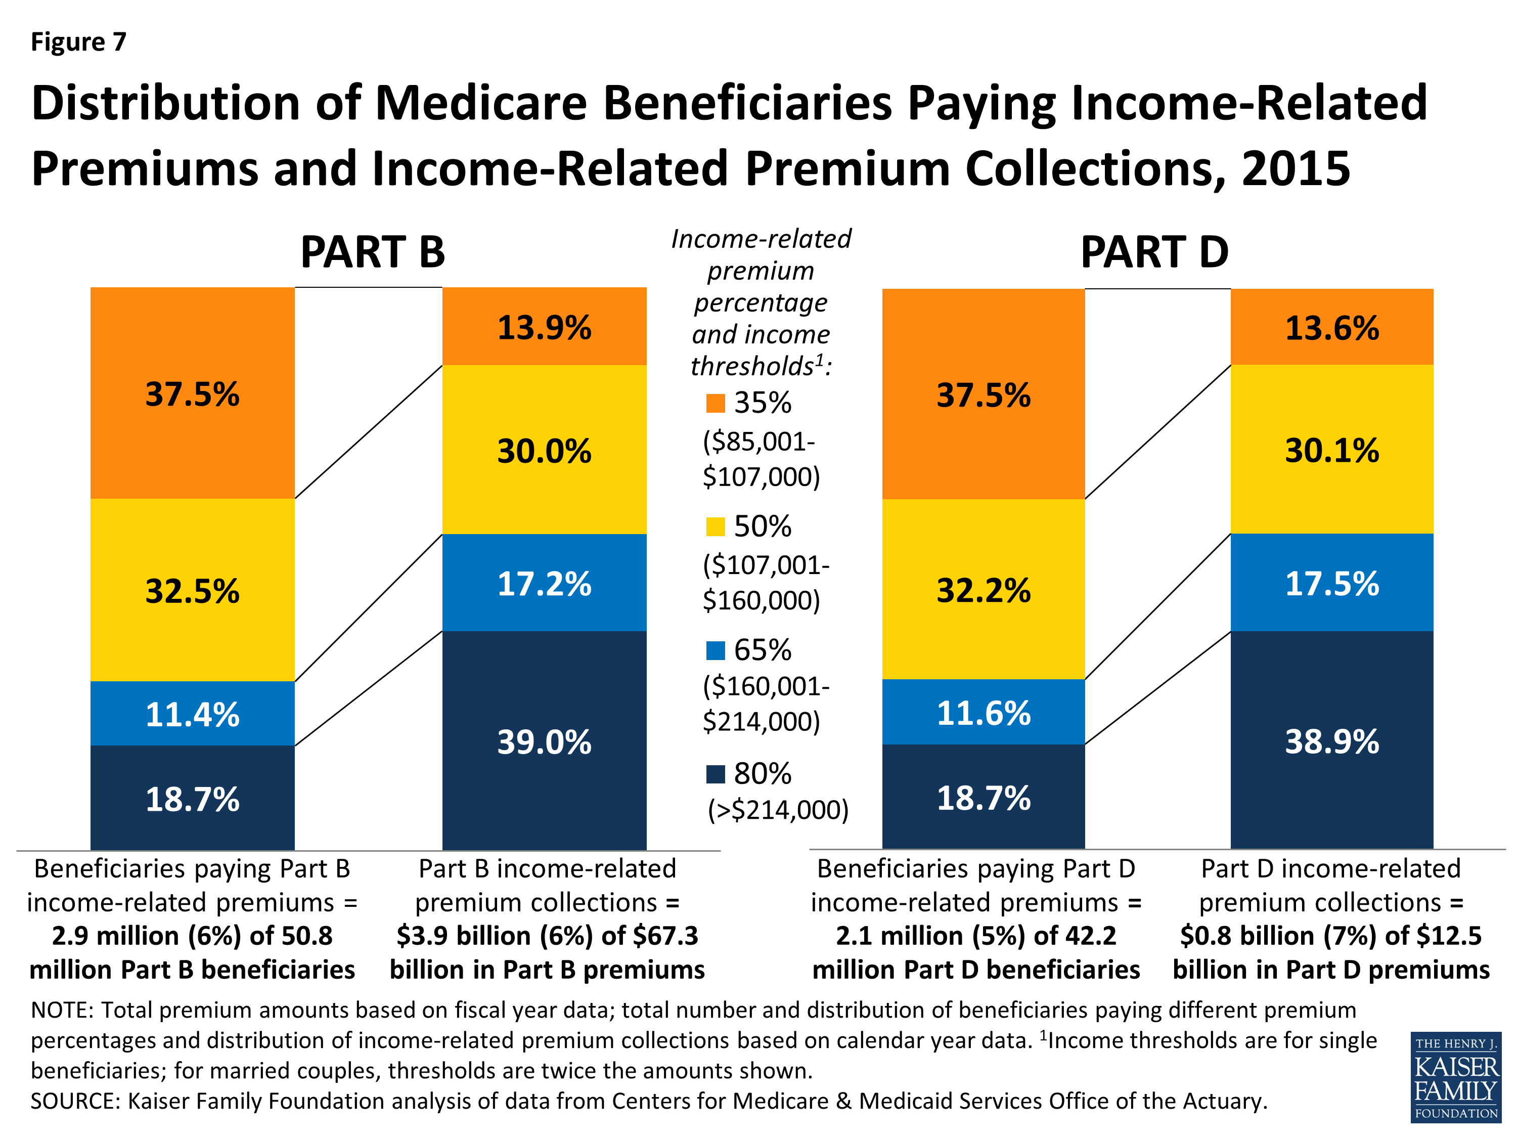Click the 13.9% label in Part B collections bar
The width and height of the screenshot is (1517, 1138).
pyautogui.click(x=544, y=327)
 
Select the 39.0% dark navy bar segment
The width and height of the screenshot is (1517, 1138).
pyautogui.click(x=544, y=741)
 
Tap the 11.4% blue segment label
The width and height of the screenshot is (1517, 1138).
pyautogui.click(x=192, y=714)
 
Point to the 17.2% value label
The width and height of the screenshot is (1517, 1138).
pyautogui.click(x=544, y=584)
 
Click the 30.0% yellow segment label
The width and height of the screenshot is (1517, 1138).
pyautogui.click(x=544, y=451)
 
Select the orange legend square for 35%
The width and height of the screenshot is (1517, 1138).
pyautogui.click(x=716, y=403)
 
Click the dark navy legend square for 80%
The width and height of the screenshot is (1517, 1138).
pyautogui.click(x=716, y=774)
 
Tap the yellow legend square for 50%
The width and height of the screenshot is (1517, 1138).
pyautogui.click(x=716, y=527)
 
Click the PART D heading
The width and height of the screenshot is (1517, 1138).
pyautogui.click(x=1154, y=252)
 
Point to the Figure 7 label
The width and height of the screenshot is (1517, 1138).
pyautogui.click(x=78, y=42)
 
